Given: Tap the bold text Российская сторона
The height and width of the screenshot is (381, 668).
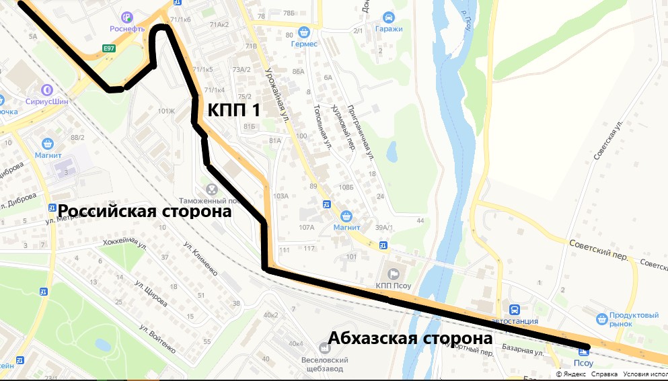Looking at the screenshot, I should tap(144, 211).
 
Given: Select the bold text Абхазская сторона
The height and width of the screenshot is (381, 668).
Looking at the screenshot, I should tap(410, 338).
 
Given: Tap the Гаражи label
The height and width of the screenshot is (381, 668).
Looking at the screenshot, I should tap(388, 29).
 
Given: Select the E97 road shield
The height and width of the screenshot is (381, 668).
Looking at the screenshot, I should tap(108, 48).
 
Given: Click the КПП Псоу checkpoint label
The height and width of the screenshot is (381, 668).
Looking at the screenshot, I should tap(394, 285).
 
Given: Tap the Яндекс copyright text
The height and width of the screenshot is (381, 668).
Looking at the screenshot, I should tap(572, 374).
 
